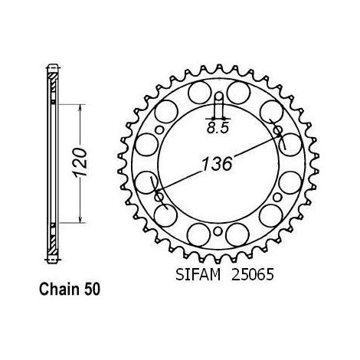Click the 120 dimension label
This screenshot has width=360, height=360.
click(80, 162)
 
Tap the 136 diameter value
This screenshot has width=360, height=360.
click(217, 164)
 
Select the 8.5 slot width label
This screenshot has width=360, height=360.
click(217, 128)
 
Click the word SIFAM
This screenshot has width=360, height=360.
click(198, 275)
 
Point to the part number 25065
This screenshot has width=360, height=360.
click(252, 275)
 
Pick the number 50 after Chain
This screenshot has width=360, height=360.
click(92, 290)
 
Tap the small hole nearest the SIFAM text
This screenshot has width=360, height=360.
click(218, 231)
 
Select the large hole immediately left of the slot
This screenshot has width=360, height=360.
click(200, 93)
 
